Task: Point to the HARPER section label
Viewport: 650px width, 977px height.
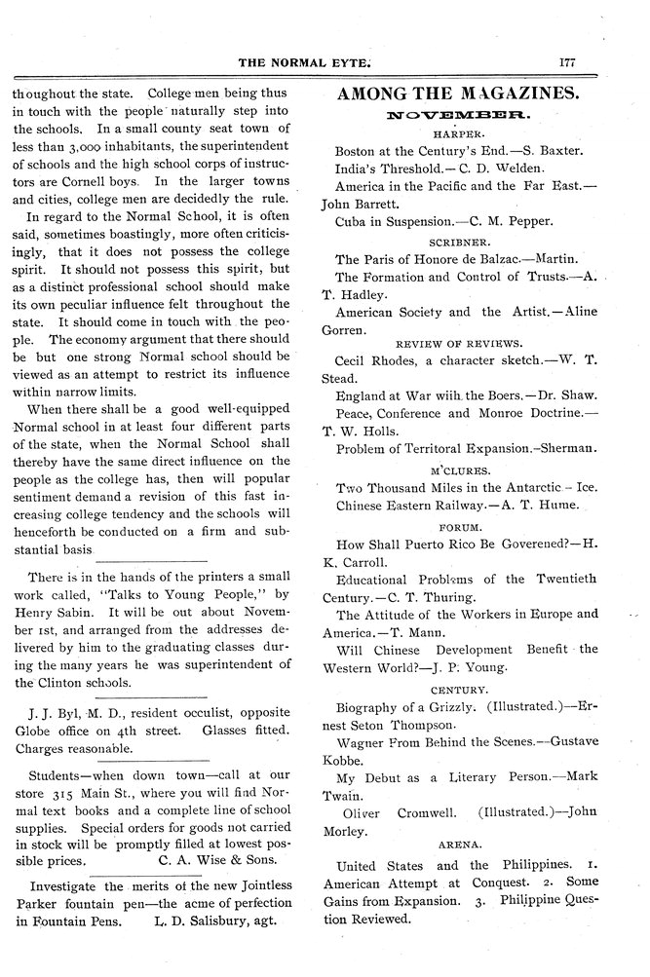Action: coord(457,133)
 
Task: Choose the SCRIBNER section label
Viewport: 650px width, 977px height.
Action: coord(457,241)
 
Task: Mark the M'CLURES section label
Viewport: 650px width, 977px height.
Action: coord(456,470)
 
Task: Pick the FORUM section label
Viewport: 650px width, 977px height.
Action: coord(456,527)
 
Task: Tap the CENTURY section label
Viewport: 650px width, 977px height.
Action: coord(457,689)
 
